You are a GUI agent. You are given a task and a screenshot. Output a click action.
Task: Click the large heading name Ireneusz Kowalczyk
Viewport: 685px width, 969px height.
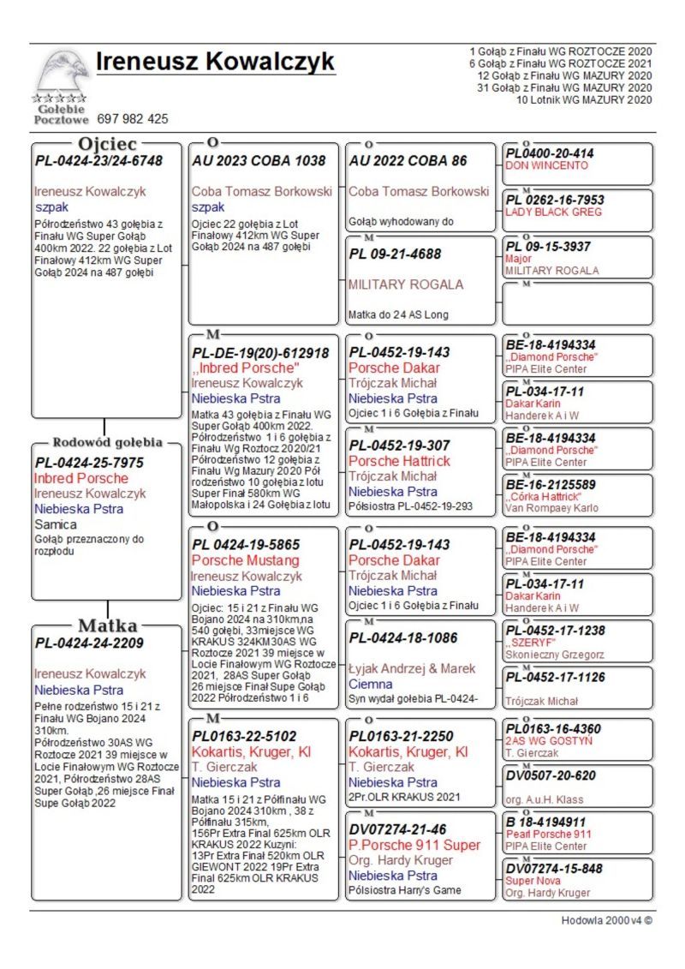point(215,62)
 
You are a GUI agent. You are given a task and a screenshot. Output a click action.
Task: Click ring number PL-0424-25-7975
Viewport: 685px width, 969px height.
point(89,463)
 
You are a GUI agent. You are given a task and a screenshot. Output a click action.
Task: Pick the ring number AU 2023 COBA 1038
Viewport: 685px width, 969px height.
point(259,160)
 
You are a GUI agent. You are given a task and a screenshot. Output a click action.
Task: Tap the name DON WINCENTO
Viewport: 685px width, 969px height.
point(547,165)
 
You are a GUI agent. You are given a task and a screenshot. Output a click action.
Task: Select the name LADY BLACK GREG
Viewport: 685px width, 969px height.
point(553,212)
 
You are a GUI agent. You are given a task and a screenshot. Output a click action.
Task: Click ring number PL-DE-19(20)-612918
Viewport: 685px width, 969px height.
point(260,353)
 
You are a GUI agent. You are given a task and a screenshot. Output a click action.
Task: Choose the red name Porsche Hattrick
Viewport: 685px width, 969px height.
point(399,461)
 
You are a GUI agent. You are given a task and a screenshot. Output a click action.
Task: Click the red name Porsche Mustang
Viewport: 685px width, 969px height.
point(245,560)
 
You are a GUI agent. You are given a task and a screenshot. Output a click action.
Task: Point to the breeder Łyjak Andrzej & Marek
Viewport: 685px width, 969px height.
point(412,668)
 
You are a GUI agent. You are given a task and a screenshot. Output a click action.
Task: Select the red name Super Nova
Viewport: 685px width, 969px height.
point(532,881)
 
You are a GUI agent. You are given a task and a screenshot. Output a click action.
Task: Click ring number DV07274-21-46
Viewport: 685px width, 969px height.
point(397,829)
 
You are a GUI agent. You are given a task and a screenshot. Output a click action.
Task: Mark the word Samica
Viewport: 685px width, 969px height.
point(56,524)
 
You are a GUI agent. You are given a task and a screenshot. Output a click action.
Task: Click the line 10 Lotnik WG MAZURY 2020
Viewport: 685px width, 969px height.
point(584,100)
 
